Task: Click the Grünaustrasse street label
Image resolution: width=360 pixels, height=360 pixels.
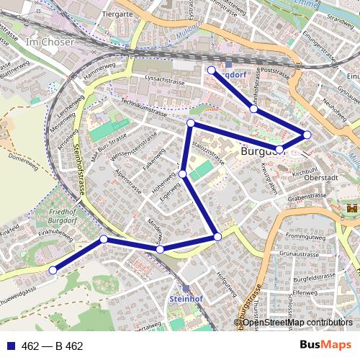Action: click(x=302, y=254)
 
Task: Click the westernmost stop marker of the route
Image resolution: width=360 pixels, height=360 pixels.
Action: click(x=53, y=270)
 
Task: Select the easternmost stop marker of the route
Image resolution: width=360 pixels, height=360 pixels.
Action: click(x=307, y=135)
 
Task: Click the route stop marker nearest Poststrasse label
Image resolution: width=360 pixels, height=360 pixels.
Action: click(x=253, y=109)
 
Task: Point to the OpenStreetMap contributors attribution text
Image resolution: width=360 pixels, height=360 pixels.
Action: click(x=297, y=322)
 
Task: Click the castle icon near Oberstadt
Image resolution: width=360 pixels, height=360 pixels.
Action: click(x=352, y=208)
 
